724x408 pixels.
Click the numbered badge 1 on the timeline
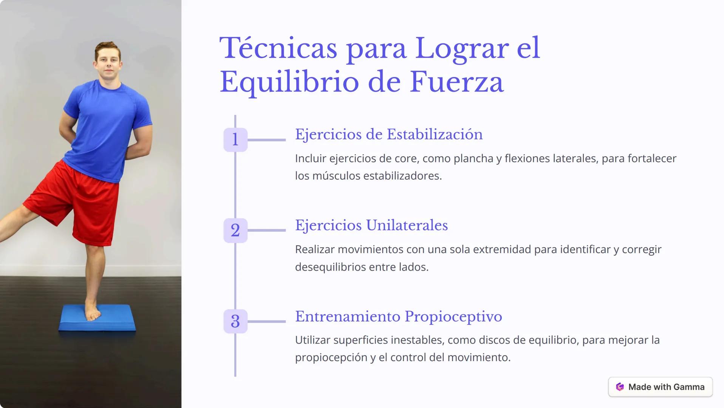click(x=235, y=140)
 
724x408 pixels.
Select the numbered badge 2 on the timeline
click(x=235, y=230)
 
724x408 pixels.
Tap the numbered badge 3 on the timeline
click(x=235, y=321)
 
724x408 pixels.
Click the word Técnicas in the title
click(x=278, y=48)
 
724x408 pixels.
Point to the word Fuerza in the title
click(x=456, y=82)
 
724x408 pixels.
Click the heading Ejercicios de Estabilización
click(x=388, y=134)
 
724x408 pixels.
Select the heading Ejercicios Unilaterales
click(x=371, y=226)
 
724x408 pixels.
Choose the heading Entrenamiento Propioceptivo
click(x=398, y=317)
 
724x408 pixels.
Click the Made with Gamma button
click(x=660, y=387)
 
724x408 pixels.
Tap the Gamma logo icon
click(x=620, y=387)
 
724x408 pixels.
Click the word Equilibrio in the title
click(x=289, y=82)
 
